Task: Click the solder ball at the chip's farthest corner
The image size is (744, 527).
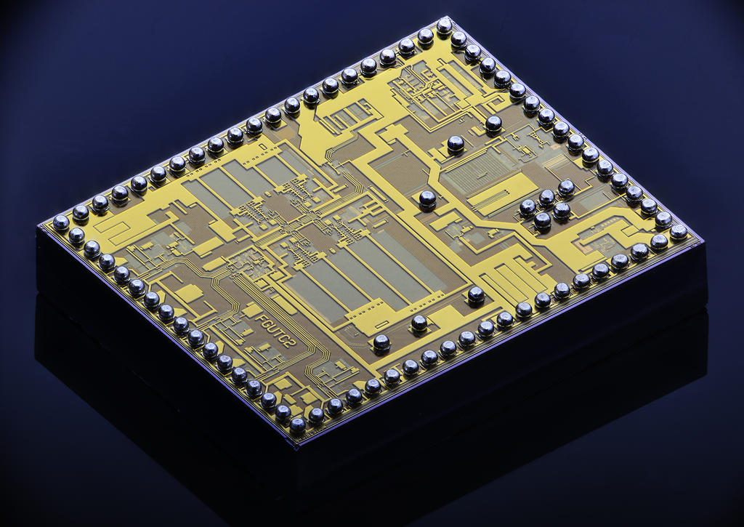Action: [x=444, y=26]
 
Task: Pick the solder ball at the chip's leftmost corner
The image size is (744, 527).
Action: [x=61, y=222]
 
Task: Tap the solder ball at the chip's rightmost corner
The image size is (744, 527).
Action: [x=679, y=232]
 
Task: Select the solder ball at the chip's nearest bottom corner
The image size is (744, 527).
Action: [x=297, y=426]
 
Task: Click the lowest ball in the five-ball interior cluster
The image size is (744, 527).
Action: [x=542, y=221]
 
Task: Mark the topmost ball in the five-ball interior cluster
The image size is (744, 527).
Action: [x=566, y=188]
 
